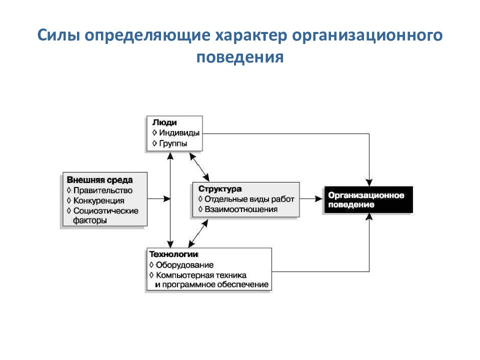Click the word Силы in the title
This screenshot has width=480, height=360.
click(x=59, y=35)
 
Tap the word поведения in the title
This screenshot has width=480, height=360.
click(x=240, y=57)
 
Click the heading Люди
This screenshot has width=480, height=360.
click(x=164, y=123)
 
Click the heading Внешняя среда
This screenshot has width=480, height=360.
click(x=100, y=180)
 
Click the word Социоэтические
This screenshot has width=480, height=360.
click(x=106, y=211)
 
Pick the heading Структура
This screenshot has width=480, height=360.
click(x=220, y=189)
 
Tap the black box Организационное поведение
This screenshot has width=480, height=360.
click(x=368, y=199)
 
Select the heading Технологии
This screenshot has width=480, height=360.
click(x=173, y=254)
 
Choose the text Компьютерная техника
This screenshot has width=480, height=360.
click(x=201, y=275)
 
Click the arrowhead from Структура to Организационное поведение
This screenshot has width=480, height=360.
click(x=318, y=199)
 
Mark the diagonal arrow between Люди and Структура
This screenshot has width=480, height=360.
click(x=199, y=167)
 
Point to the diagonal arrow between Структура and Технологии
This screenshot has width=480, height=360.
click(x=198, y=233)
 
